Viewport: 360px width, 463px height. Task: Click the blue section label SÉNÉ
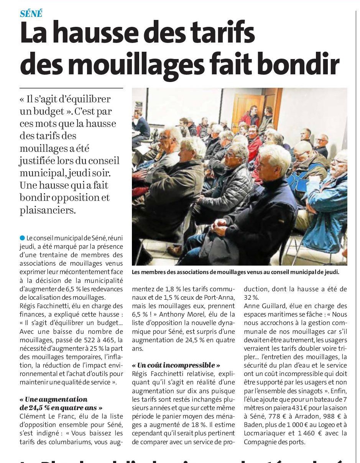(31, 13)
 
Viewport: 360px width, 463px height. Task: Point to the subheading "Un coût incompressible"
(176, 365)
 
